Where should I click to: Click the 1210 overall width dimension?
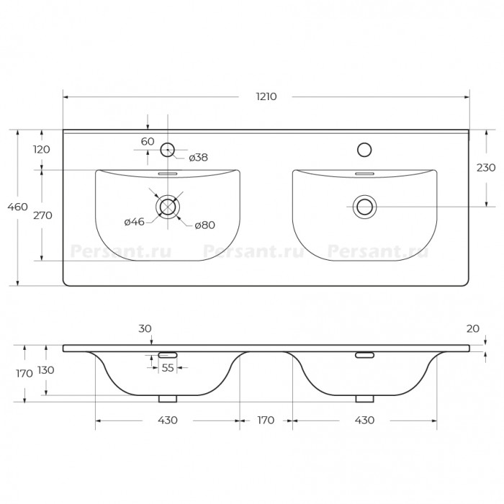click(266, 96)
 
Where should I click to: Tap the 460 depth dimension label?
click(18, 207)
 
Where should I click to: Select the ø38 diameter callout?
click(198, 158)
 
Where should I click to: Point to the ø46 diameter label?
click(135, 222)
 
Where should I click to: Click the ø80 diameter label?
click(204, 225)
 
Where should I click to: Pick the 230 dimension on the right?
click(486, 168)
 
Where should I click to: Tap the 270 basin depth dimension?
click(42, 215)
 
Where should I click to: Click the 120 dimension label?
click(42, 150)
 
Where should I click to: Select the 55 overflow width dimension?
click(168, 368)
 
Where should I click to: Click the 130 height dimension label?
click(46, 370)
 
